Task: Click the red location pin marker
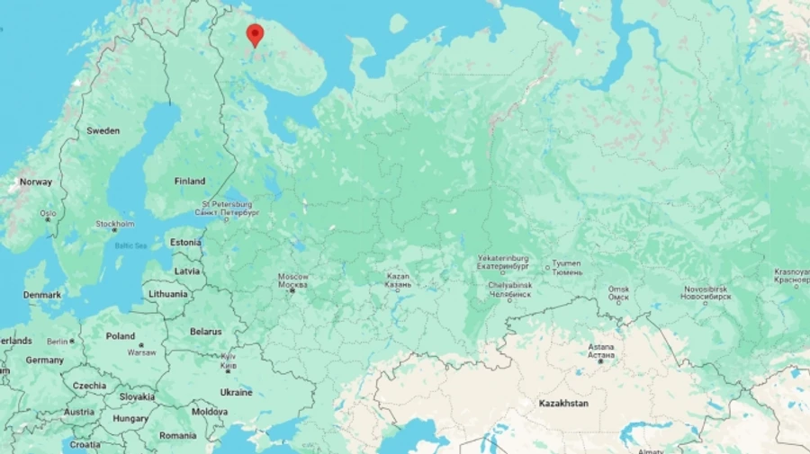[x=255, y=34]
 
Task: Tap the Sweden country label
[x=103, y=130]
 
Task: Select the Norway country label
[x=36, y=182]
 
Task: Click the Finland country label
[x=190, y=181]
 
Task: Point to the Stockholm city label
[x=115, y=224]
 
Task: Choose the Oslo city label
[x=47, y=214]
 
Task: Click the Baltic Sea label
[x=130, y=245]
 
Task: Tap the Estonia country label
[x=185, y=242]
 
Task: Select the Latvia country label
[x=187, y=270]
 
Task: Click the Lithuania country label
[x=168, y=294]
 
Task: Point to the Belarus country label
[x=205, y=331]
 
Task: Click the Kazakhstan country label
[x=563, y=403]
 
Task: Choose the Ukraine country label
[x=236, y=392]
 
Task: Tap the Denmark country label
[x=42, y=295]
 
